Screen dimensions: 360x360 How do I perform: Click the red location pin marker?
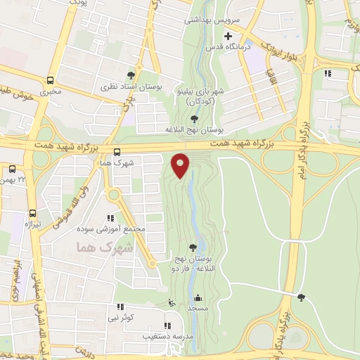tap(181, 165)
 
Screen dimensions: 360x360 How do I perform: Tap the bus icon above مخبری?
tap(50, 80)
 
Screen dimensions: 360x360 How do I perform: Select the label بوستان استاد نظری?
tap(131, 86)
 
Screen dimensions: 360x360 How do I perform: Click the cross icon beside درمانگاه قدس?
tap(228, 36)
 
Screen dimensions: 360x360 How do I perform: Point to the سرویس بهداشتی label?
tap(212, 20)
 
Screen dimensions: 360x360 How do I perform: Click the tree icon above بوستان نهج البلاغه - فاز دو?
tap(193, 247)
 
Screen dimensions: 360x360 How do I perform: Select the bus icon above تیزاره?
tap(32, 214)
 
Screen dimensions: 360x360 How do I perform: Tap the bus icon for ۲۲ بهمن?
tap(13, 169)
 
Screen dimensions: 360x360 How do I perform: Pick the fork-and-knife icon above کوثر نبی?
tap(120, 307)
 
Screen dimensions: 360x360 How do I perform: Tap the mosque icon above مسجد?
tap(198, 297)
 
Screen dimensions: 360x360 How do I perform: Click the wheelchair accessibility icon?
tap(171, 303)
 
